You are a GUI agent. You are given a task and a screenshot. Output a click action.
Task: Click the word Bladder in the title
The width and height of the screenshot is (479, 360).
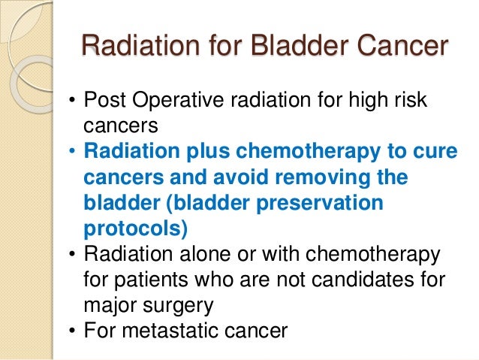coord(295,46)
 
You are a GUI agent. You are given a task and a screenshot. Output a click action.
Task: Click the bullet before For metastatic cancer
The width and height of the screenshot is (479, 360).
coord(72,331)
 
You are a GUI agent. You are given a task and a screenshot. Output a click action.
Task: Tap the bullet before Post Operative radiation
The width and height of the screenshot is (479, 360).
coord(72,101)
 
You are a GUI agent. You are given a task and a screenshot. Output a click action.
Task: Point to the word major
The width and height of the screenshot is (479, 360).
coord(111,306)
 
